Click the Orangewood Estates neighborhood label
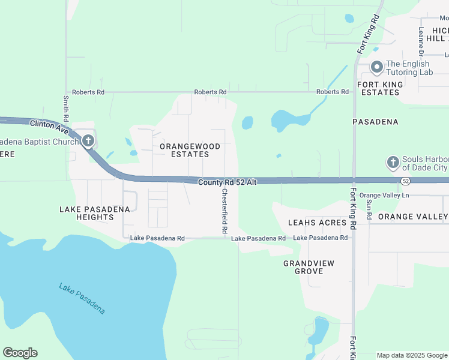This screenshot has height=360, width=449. (190, 150)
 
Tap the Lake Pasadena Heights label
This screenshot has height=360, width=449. (95, 213)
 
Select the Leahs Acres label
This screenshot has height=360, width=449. (317, 223)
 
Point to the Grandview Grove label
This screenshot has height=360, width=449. (309, 267)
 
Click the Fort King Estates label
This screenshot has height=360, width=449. (379, 88)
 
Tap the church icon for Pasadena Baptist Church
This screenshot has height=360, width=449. (88, 142)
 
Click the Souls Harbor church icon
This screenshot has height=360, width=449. (393, 162)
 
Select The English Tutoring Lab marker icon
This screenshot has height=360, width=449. (376, 67)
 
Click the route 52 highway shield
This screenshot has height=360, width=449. (406, 181)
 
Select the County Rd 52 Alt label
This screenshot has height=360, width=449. (228, 181)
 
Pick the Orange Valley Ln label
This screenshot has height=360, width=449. (384, 196)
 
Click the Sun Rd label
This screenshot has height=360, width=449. (369, 208)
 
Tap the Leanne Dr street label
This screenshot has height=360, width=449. (421, 37)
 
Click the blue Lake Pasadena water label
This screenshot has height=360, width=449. (82, 298)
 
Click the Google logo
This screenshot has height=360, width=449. (20, 353)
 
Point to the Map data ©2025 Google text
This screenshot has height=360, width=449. (411, 355)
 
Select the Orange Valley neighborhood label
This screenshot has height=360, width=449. (413, 217)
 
